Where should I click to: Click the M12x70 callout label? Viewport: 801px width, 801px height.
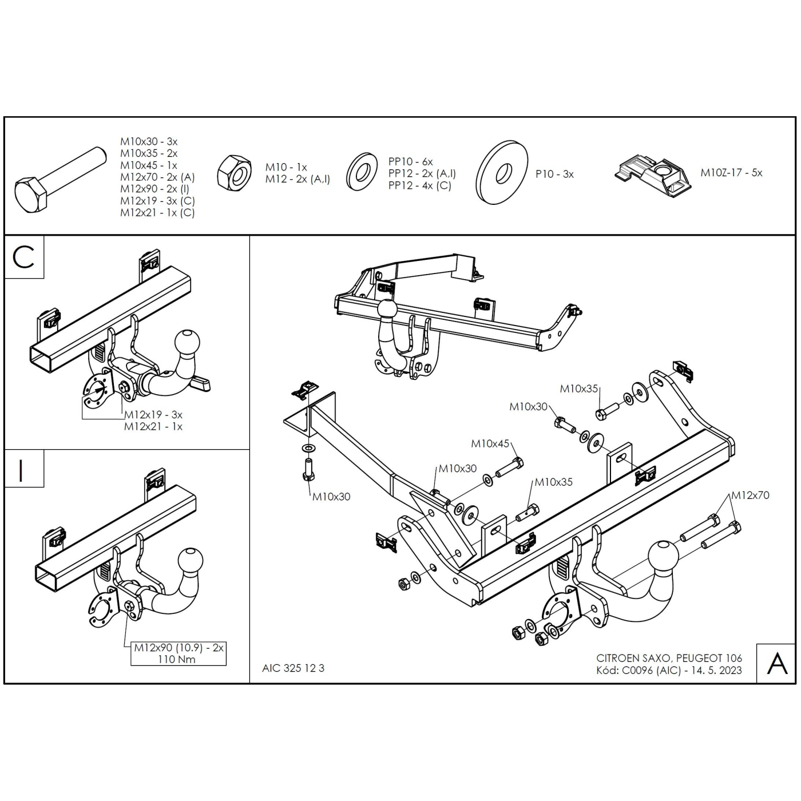pos(750,495)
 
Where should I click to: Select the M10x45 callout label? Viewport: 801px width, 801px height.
pos(490,443)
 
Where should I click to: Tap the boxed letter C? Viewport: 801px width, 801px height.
pos(23,257)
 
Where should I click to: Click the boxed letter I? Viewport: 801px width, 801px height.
pos(21,471)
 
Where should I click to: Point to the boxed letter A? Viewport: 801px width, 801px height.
pos(777,663)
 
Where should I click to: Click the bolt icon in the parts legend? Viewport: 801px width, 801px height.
pos(60,180)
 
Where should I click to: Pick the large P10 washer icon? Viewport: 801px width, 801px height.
pos(502,172)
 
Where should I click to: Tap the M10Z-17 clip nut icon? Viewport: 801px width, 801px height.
pos(653,173)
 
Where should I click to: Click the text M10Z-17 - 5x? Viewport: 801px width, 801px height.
pos(732,173)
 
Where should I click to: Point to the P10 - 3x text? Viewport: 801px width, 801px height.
pos(554,174)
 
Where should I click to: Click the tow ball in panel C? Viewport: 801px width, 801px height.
pos(187,343)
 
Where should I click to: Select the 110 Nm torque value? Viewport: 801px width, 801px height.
pos(177,659)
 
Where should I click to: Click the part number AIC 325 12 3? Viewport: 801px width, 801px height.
pos(293,668)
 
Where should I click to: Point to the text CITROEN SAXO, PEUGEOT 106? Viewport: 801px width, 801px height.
pos(669,658)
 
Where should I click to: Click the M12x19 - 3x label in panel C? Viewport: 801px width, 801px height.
pos(153,414)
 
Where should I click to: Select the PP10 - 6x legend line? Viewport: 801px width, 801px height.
pos(411,162)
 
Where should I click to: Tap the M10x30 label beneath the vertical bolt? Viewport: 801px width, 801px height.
pos(331,496)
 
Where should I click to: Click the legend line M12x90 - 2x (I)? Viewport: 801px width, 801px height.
pos(154,189)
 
